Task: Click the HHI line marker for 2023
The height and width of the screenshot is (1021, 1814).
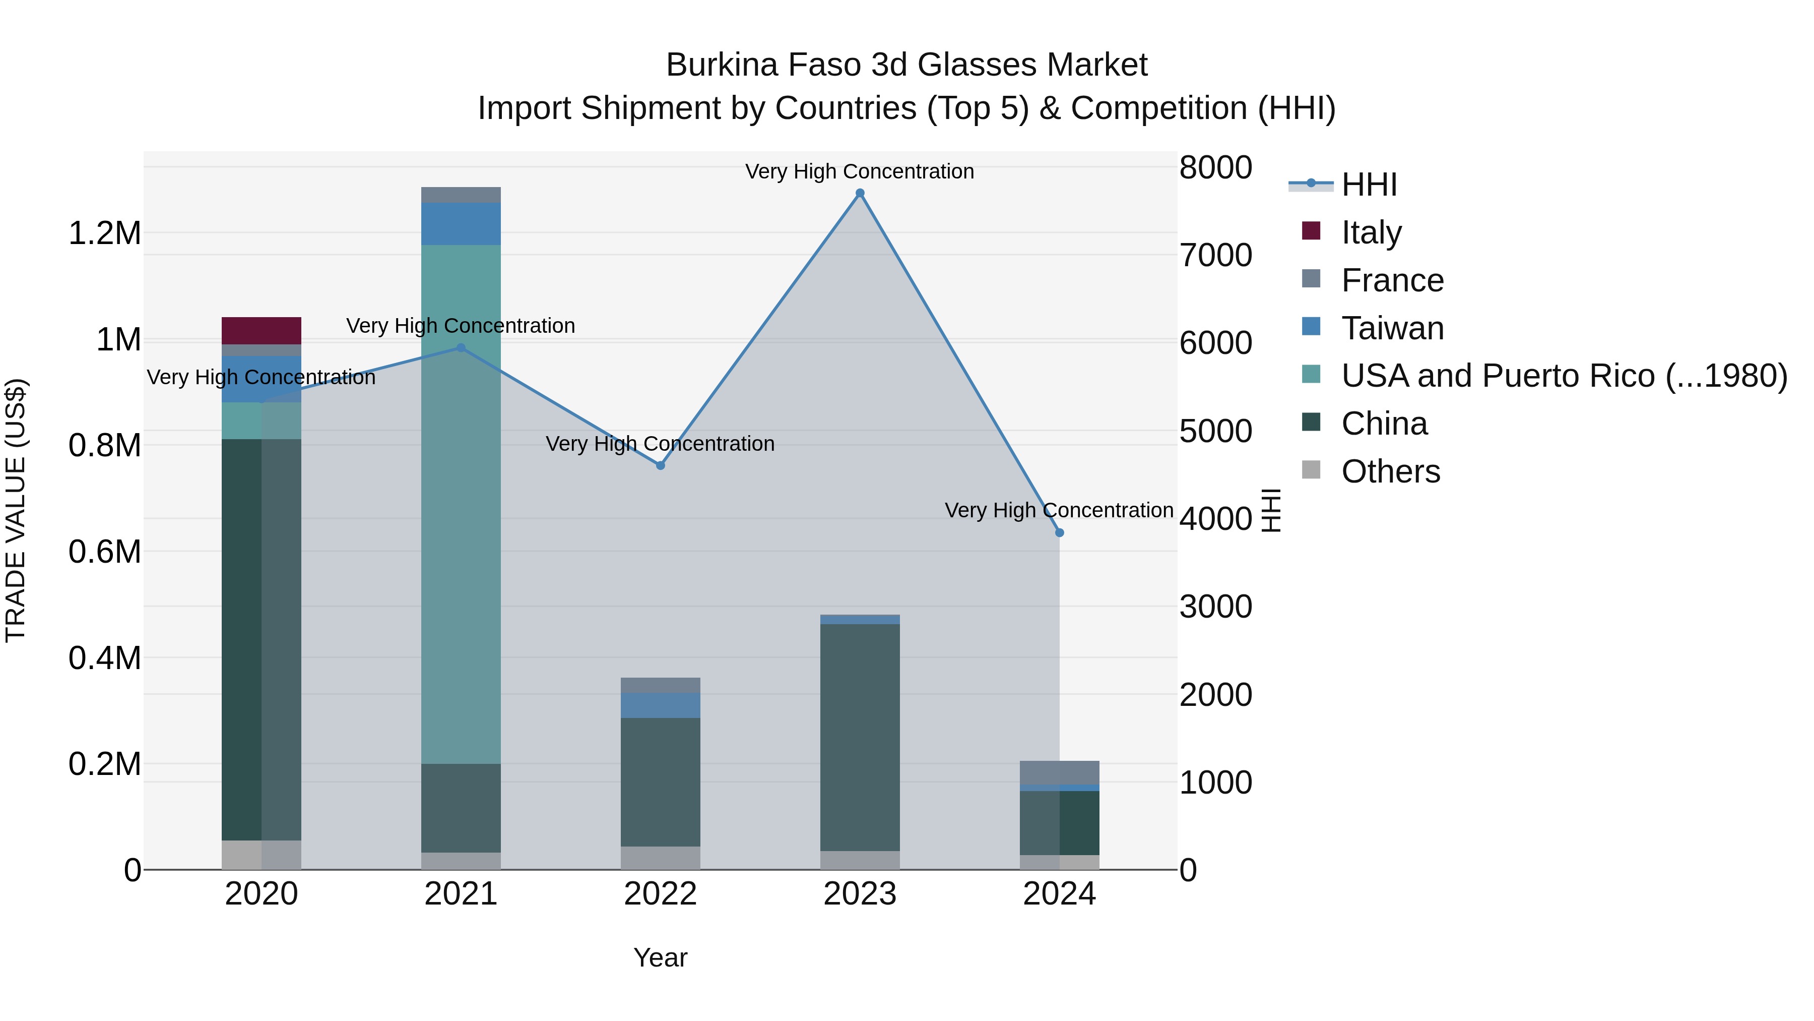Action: [860, 193]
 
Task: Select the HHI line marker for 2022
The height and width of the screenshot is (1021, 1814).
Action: [661, 466]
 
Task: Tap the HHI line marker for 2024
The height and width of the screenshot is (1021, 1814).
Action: [1059, 533]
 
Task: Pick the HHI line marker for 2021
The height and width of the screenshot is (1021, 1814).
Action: [461, 348]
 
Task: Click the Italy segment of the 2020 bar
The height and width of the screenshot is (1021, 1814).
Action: [261, 330]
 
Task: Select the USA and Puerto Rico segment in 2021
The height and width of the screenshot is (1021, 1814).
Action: [461, 504]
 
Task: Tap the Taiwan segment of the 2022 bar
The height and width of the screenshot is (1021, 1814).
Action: [661, 705]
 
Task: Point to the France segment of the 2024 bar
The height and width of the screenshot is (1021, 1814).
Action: [1059, 772]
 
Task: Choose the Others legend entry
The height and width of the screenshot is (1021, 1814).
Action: [1390, 471]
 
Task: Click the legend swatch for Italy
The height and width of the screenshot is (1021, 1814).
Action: [1311, 230]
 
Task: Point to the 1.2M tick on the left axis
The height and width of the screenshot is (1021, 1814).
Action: [105, 233]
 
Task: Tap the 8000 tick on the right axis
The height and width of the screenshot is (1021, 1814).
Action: [1215, 168]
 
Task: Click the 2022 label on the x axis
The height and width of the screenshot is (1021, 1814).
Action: [661, 894]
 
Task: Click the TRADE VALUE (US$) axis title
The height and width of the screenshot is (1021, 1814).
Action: [16, 510]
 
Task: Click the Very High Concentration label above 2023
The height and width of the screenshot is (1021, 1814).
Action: [860, 171]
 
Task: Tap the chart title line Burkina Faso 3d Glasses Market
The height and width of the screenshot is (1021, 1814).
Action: [906, 65]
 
